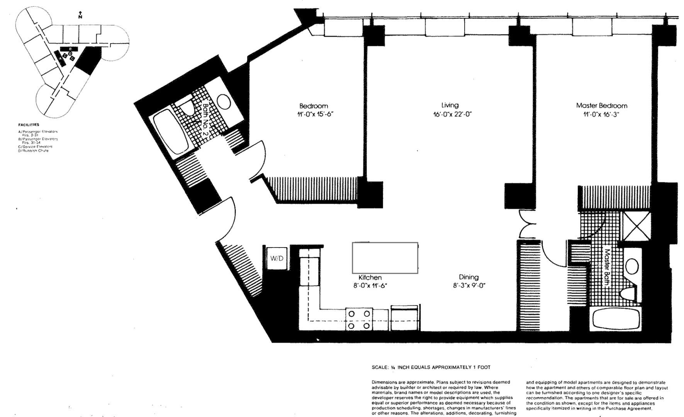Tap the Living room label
pos(450,105)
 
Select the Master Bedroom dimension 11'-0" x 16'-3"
pos(602,114)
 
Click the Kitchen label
pos(370,277)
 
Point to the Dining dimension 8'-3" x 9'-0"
pos(469,286)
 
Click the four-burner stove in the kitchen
pos(359,320)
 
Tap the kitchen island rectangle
pos(385,258)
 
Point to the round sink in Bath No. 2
pos(224,102)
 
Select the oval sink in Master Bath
pos(632,266)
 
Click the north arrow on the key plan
pos(80,15)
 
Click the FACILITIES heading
pos(29,125)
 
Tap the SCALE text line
pos(431,368)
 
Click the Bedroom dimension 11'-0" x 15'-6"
pos(314,114)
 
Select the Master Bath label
pos(607,266)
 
